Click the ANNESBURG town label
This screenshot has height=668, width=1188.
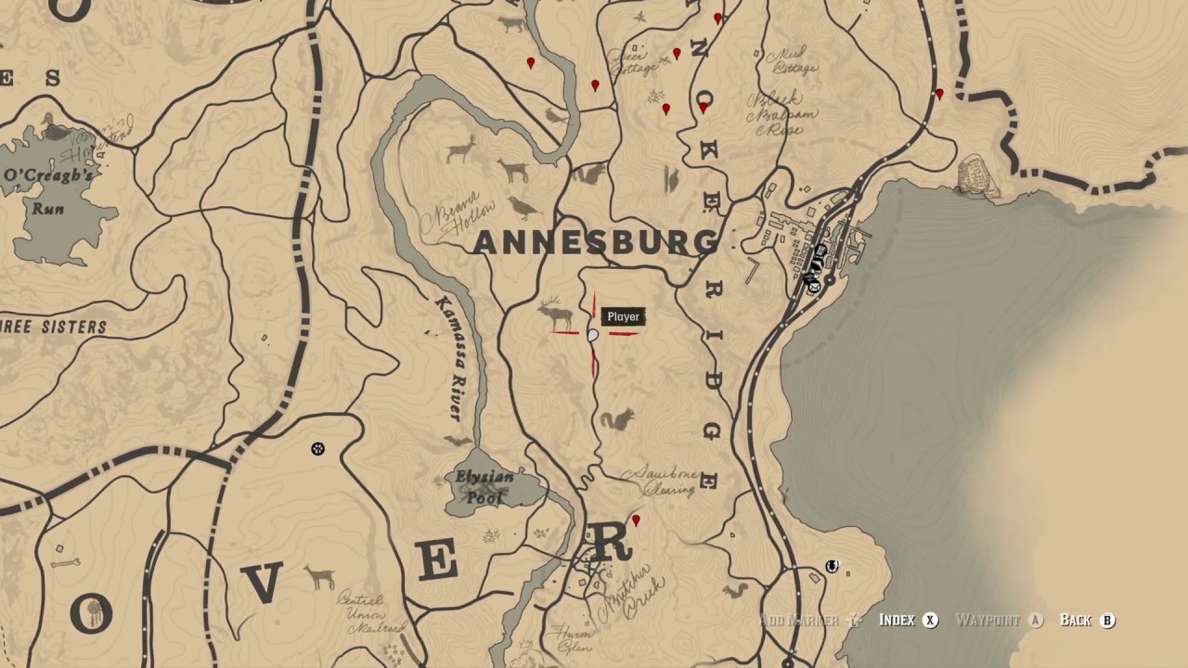(596, 243)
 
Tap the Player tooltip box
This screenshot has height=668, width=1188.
(623, 317)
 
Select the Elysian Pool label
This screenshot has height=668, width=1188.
(484, 487)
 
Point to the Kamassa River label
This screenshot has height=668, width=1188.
(450, 357)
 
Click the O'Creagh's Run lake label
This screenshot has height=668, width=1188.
(48, 190)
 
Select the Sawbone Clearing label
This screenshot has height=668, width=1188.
(662, 481)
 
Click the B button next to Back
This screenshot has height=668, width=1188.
(1107, 621)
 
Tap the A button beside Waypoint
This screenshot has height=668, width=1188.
(1036, 621)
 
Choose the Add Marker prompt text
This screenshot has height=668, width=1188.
(799, 621)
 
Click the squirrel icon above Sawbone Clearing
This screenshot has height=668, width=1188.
(616, 420)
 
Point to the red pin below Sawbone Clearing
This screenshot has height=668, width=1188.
(636, 521)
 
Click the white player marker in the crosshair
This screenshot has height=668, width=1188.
(593, 336)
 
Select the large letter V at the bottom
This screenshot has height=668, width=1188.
(263, 583)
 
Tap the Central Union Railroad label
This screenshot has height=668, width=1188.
(368, 612)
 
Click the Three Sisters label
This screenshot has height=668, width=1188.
(53, 328)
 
